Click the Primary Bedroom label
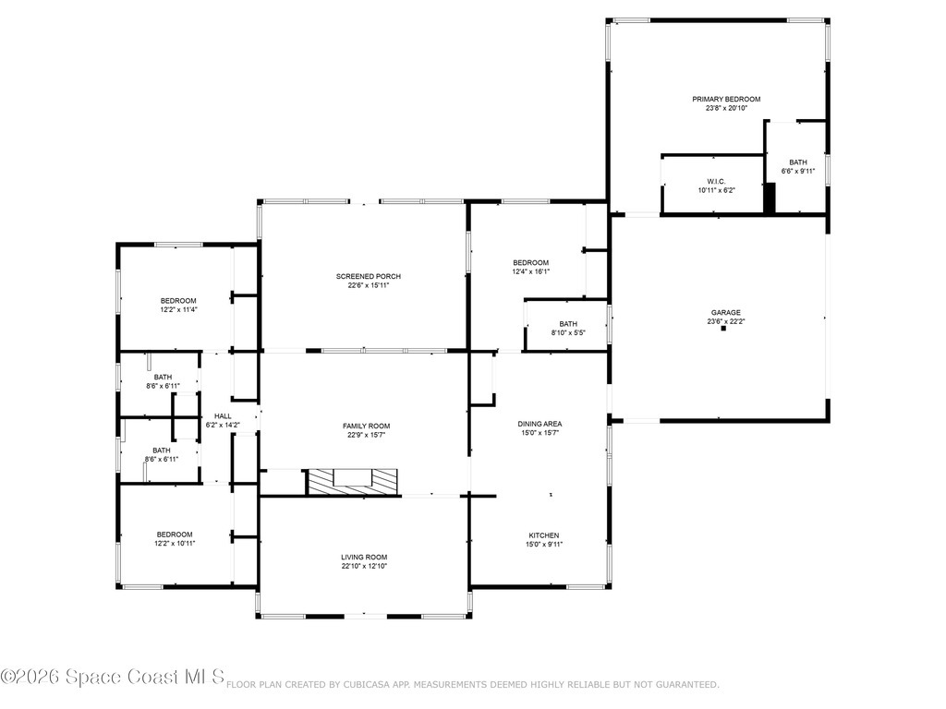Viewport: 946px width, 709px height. click(726, 99)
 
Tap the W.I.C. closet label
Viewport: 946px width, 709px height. click(716, 181)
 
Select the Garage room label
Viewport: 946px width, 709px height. click(724, 313)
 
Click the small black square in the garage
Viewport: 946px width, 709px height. click(724, 329)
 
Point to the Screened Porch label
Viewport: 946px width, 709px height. click(368, 276)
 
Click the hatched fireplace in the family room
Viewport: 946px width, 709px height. click(353, 481)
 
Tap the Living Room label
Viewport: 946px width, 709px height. click(364, 557)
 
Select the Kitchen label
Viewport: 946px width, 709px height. click(543, 535)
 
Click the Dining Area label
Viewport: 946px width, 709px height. click(540, 424)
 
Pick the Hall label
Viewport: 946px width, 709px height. click(223, 416)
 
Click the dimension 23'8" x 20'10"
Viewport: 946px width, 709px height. click(726, 108)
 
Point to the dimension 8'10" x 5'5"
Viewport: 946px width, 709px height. click(568, 332)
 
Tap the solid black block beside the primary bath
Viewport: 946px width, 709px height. click(769, 198)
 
